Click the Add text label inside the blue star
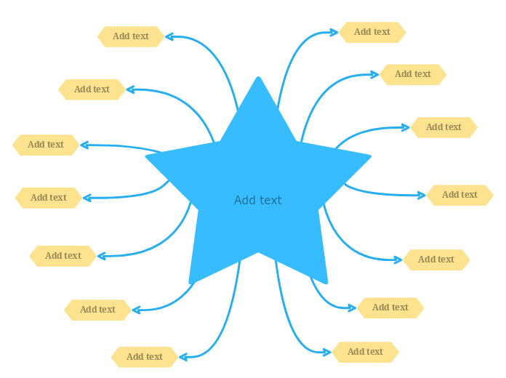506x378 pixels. (x=257, y=201)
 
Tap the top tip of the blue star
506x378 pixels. (x=258, y=79)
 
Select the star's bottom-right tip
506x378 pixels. (x=325, y=281)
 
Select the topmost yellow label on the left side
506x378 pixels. (x=131, y=36)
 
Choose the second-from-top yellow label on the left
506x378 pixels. (x=92, y=89)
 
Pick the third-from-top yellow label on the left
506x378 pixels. (x=46, y=145)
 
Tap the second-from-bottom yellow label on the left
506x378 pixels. (x=97, y=310)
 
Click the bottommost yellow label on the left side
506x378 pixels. (x=145, y=357)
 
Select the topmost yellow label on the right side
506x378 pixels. (x=372, y=32)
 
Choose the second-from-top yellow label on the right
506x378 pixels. (x=413, y=74)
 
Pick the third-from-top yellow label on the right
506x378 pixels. (x=443, y=127)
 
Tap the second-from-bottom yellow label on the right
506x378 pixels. (x=390, y=307)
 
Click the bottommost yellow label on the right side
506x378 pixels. (x=366, y=352)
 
